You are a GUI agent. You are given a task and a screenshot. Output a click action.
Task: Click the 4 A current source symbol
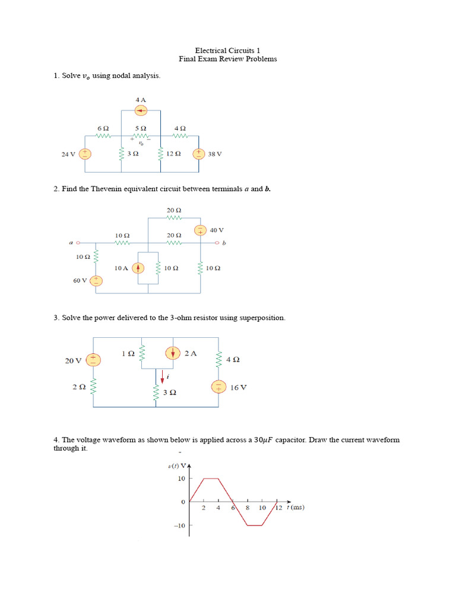(141, 110)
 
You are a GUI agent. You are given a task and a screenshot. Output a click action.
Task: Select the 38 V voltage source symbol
(198, 154)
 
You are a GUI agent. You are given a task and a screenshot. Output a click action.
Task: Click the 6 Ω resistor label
(103, 128)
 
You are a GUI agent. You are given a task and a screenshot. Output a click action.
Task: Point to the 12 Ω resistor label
(173, 154)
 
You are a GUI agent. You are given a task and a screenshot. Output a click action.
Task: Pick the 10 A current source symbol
(138, 268)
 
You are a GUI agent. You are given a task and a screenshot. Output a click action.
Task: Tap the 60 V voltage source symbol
(96, 280)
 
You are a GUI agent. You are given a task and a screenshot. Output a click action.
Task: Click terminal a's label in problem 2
(71, 242)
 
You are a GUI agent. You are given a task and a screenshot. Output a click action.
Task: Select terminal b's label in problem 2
(224, 242)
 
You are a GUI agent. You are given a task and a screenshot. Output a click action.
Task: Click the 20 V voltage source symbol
(94, 360)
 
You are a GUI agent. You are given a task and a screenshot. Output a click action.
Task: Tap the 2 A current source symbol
(173, 353)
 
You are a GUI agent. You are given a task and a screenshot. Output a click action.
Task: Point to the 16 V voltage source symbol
(218, 387)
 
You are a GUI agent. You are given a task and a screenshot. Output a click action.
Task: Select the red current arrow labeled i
(162, 376)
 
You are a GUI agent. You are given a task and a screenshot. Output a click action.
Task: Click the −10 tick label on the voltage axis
(179, 526)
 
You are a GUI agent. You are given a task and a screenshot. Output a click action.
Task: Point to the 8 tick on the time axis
(248, 508)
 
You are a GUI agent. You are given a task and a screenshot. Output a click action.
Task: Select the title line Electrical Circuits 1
(228, 50)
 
